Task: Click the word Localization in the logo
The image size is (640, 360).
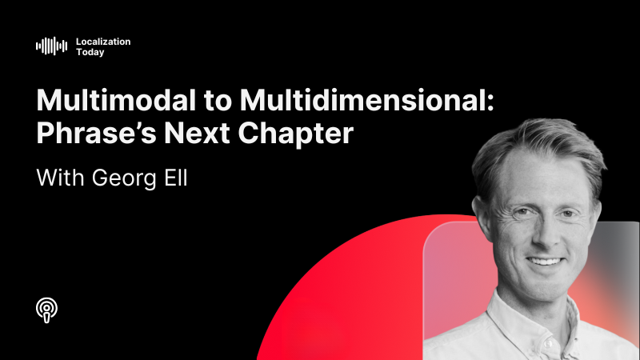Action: click(102, 41)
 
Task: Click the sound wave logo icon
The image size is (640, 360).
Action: click(52, 46)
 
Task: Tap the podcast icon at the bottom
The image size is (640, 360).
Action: click(48, 309)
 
